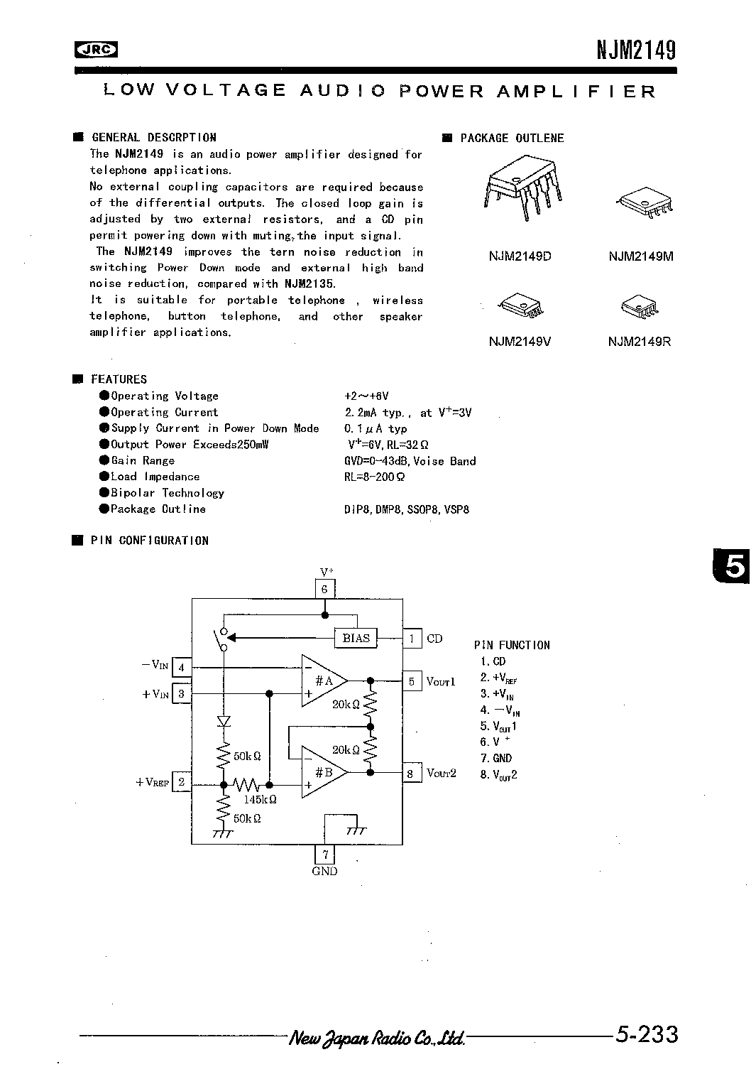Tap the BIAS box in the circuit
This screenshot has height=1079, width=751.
point(356,638)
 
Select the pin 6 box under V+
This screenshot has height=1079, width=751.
point(324,589)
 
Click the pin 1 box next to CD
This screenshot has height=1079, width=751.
point(412,638)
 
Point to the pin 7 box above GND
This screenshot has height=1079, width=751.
point(324,855)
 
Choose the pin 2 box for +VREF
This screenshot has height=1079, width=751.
point(182,782)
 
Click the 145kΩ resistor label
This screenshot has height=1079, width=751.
point(259,799)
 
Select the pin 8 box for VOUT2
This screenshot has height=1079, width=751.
point(412,773)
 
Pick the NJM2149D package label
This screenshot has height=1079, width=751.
point(520,256)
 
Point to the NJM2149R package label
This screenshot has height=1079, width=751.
point(640,342)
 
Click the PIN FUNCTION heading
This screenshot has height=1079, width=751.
point(512,645)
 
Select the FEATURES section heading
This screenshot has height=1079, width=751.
point(119,379)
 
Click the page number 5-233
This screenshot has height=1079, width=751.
point(647,1034)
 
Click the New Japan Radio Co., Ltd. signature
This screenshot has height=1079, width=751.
point(377,1038)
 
